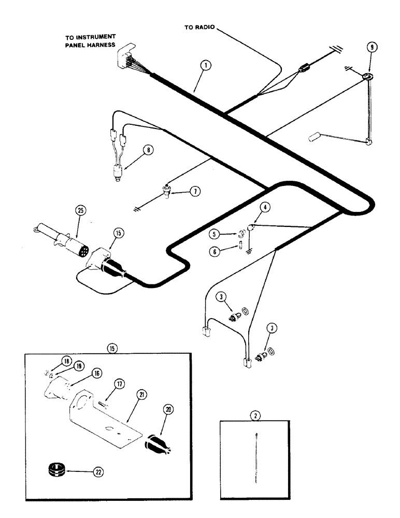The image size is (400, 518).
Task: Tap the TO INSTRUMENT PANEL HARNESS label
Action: click(90, 41)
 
